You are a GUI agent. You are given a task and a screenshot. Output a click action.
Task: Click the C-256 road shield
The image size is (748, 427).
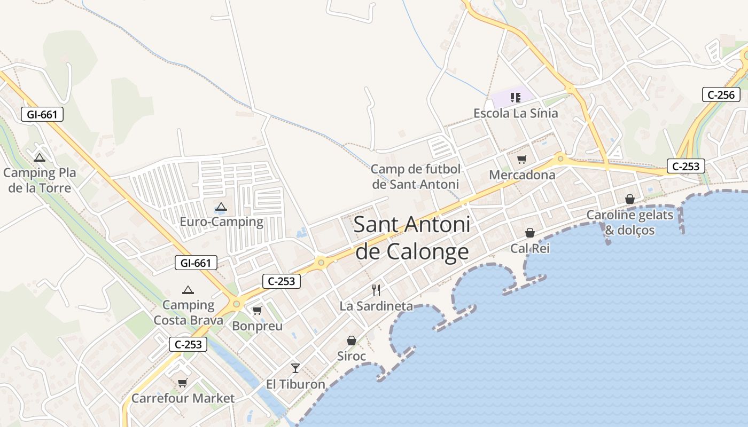click(721, 95)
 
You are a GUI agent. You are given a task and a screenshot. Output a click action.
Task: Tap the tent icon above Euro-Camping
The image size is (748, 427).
click(221, 207)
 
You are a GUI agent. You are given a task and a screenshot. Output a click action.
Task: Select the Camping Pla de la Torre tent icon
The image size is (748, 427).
click(39, 158)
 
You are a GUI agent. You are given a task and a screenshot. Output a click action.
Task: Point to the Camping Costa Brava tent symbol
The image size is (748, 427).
click(188, 290)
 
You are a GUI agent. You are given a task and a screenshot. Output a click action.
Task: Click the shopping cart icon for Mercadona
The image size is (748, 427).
click(522, 159)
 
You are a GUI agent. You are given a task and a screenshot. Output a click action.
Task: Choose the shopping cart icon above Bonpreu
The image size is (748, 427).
click(258, 310)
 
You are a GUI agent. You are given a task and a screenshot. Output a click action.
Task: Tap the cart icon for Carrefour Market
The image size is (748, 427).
click(183, 383)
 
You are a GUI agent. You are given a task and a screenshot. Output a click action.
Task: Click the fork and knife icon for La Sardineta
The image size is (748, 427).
click(376, 290)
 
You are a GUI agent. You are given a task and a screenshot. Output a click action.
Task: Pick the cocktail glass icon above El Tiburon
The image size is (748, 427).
click(295, 368)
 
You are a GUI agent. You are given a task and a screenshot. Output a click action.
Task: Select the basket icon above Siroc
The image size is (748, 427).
click(352, 341)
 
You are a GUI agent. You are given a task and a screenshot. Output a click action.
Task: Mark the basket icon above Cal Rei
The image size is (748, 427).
click(530, 233)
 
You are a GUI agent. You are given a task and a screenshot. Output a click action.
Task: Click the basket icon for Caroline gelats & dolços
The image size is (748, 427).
click(630, 199)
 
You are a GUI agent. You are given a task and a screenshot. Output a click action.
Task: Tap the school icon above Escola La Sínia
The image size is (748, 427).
click(515, 98)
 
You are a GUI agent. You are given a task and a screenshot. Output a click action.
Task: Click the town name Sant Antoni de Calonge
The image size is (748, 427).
click(412, 238)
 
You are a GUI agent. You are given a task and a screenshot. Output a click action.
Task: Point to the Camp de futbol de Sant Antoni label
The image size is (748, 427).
click(415, 177)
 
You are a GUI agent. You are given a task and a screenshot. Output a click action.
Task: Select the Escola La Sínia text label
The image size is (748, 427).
click(516, 113)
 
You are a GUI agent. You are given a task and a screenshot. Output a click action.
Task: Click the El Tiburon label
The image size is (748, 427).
click(295, 384)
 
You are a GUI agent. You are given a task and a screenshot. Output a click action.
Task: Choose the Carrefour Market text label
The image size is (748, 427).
click(183, 398)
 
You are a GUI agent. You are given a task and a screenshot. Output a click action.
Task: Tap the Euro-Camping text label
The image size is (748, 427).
click(221, 222)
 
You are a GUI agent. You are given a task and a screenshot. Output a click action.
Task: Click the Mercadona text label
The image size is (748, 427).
click(522, 175)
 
